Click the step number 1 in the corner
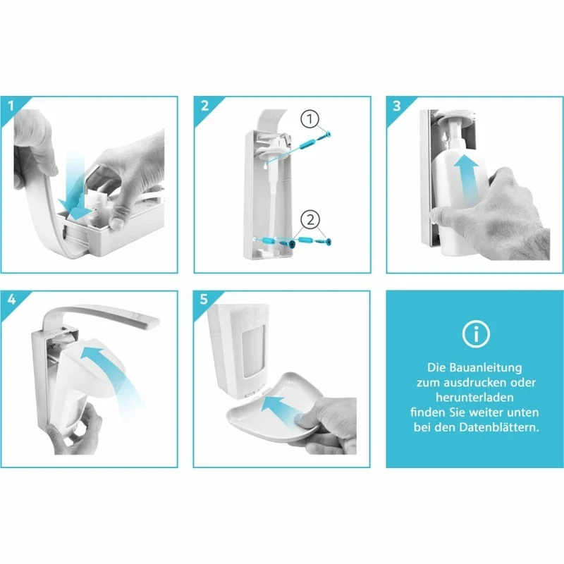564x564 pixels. click(11, 106)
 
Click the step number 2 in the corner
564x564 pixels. click(204, 106)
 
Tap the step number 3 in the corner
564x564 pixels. click(397, 106)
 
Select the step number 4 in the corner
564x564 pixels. click(11, 299)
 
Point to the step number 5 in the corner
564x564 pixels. click(204, 299)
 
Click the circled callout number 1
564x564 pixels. click(309, 119)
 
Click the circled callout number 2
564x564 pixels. click(310, 219)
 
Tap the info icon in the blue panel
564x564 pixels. click(475, 334)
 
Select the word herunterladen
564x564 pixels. click(474, 398)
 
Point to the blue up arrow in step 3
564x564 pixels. click(466, 180)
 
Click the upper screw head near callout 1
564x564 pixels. click(329, 135)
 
